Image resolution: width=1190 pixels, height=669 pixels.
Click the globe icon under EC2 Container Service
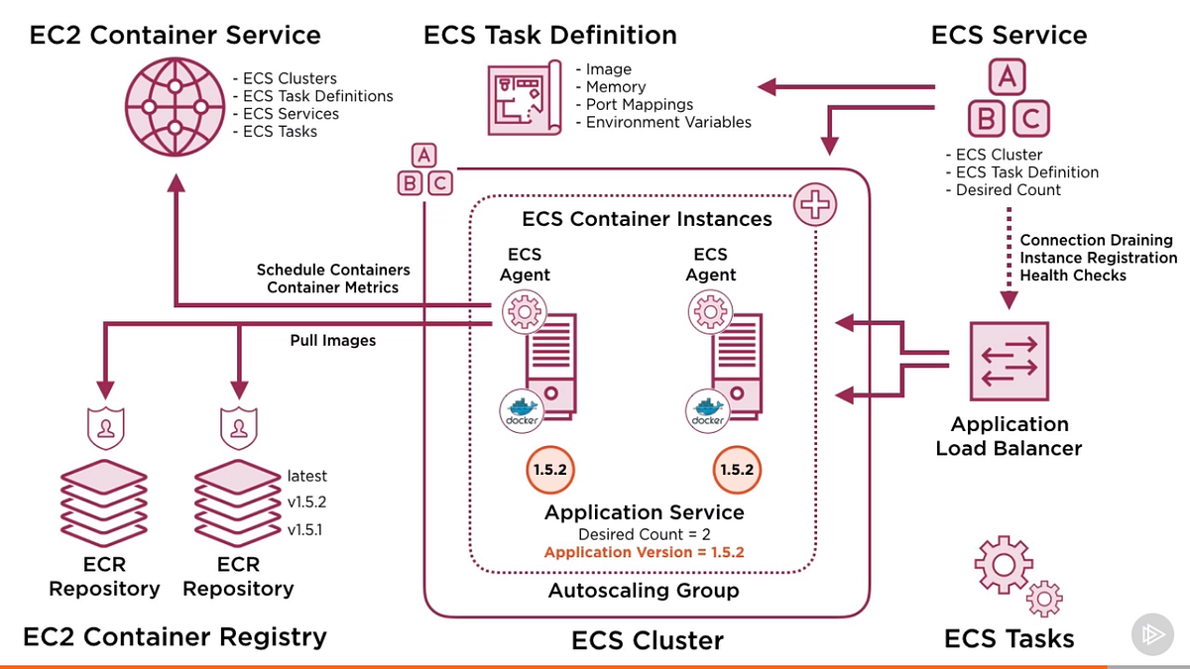174,105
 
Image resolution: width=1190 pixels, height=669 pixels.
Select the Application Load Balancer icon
1009,359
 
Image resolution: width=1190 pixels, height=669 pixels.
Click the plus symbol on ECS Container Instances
814,205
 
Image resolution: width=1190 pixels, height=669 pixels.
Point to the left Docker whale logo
522,409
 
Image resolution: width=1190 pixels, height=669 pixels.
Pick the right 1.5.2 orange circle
737,470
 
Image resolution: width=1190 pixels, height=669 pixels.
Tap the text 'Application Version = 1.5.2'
644,553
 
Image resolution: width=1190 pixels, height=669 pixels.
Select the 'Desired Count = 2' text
644,534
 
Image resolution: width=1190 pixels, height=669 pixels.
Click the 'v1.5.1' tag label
305,529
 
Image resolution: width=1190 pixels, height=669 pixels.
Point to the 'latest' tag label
306,476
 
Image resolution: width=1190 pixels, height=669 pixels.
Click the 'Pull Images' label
333,340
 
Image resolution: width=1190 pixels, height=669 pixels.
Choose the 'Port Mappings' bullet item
639,104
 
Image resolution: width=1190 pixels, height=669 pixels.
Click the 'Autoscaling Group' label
644,591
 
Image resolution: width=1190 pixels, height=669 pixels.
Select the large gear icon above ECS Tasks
1003,565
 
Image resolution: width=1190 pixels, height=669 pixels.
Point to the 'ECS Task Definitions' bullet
317,96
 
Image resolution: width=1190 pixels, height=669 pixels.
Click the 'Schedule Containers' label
333,270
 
